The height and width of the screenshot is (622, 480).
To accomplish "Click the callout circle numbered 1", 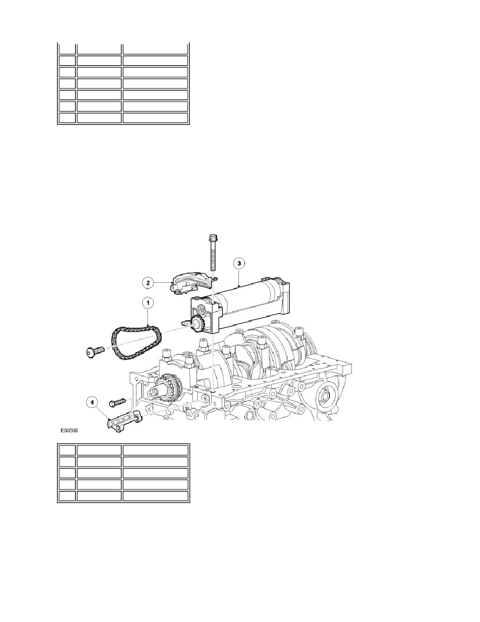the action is coord(148,304).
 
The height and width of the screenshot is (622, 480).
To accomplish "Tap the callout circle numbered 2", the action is coord(148,283).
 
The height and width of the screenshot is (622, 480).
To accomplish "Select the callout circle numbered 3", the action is coord(238,263).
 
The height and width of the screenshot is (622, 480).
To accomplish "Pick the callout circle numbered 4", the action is coord(92,403).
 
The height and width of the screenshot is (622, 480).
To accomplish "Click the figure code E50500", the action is coord(69,429).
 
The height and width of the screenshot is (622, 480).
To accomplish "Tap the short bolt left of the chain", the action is coord(95,351).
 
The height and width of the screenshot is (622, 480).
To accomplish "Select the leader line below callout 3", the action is coord(238,276).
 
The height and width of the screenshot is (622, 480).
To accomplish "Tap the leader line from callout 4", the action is coord(102,412).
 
